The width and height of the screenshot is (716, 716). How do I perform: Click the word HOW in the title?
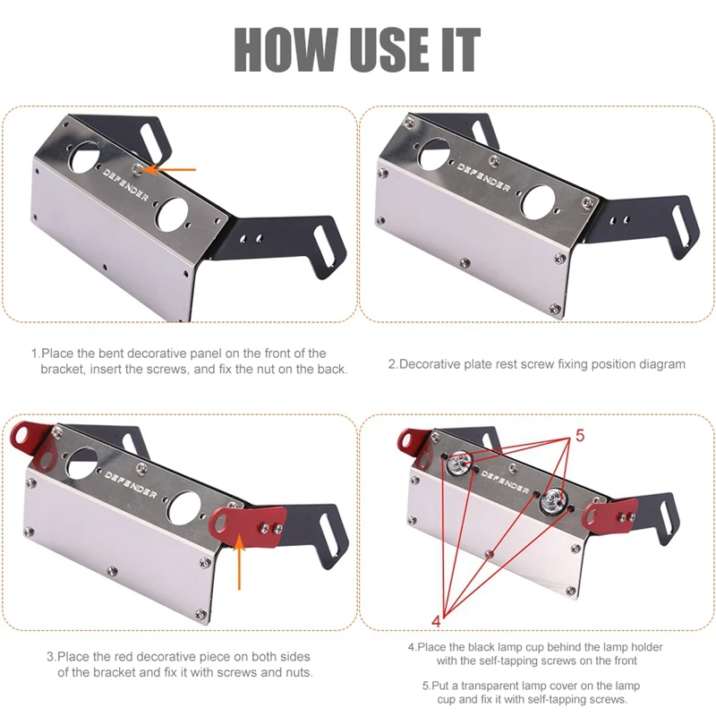tap(286, 49)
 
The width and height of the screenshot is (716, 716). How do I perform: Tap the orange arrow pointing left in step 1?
tap(169, 169)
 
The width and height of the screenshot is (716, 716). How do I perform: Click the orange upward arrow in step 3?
tap(239, 563)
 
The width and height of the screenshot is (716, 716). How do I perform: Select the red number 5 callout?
tap(580, 436)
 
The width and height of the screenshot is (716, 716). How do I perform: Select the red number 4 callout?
tap(436, 621)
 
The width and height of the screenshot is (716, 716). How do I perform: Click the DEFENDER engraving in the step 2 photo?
tap(483, 177)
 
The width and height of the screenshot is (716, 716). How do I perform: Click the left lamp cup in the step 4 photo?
tap(457, 463)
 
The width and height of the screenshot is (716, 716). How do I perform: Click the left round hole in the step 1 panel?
tap(84, 158)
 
